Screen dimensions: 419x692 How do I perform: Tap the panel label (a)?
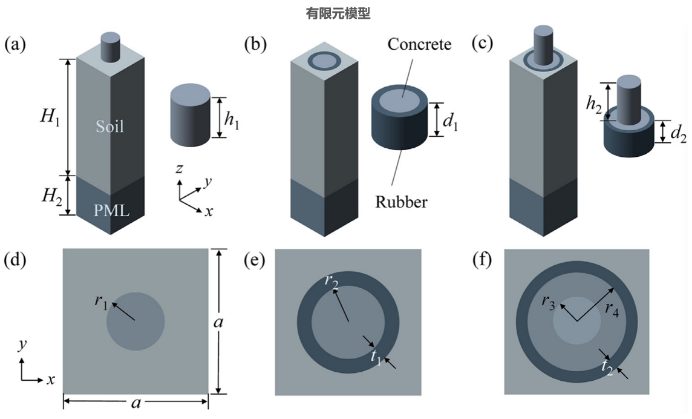(x=15, y=44)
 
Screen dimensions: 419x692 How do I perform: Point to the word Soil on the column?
(x=109, y=127)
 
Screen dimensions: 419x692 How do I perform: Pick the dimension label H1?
(x=50, y=119)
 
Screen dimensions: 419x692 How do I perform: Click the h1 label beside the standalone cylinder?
(x=232, y=119)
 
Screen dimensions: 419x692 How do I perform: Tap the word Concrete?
(x=419, y=44)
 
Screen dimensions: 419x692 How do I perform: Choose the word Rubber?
(x=401, y=201)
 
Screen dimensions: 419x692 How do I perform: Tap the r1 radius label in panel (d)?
(x=101, y=302)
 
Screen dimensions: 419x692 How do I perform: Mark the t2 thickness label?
(x=607, y=366)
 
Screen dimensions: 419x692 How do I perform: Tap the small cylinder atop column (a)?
(x=110, y=48)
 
